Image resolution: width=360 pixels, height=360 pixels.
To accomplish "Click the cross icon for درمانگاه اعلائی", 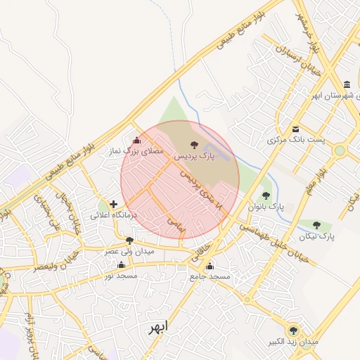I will click(114, 204).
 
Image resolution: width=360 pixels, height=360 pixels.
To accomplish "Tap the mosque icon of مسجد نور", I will click(121, 265).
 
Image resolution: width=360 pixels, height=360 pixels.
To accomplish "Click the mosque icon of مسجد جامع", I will click(210, 266).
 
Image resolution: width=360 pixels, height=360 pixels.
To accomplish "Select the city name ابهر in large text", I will click(158, 327).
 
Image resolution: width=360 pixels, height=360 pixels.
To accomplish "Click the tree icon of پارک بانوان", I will click(266, 196).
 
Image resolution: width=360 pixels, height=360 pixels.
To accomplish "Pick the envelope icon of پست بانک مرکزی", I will click(296, 129).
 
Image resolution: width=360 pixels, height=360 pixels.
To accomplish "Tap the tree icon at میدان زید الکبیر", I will click(293, 330).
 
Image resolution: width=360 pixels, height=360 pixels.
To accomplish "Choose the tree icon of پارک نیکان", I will click(316, 226).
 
